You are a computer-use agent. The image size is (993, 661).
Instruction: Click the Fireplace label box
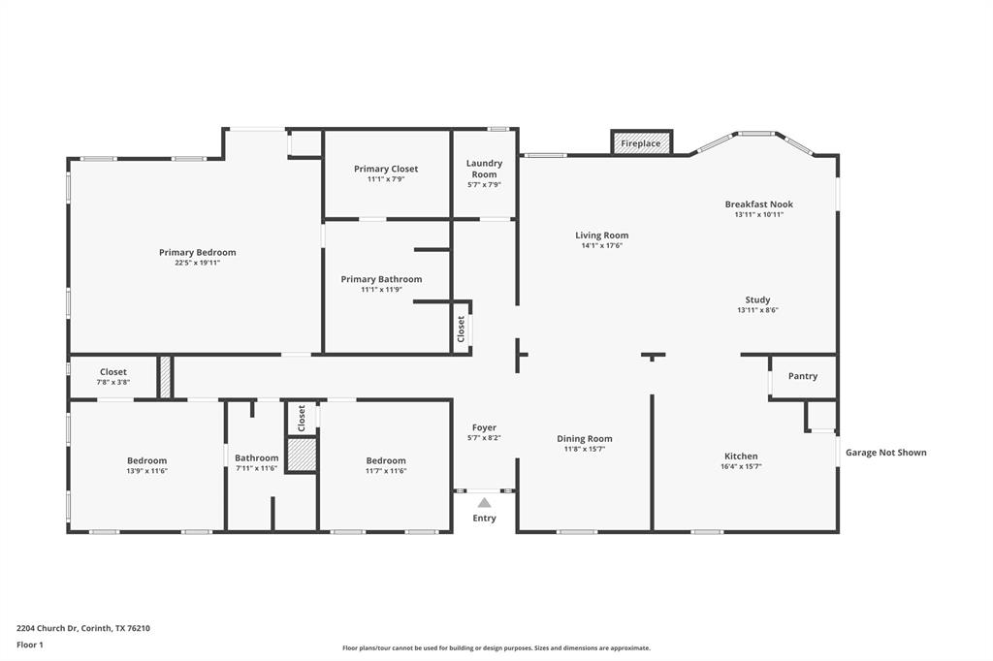click(641, 143)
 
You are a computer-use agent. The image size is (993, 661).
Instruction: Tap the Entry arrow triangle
click(484, 502)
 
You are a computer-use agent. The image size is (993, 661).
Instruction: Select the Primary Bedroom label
click(198, 252)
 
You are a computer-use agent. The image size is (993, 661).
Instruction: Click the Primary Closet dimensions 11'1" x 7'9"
click(386, 179)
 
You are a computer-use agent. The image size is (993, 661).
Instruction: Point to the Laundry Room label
click(484, 169)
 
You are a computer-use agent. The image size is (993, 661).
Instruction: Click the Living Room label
click(601, 236)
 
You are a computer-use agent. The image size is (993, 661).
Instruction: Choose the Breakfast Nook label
click(759, 205)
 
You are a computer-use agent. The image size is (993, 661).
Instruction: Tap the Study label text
click(757, 299)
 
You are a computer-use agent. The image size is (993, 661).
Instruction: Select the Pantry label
click(803, 376)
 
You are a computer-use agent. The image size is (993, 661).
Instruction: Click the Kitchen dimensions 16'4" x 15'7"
click(741, 466)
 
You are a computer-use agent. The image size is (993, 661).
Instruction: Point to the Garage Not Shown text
click(885, 453)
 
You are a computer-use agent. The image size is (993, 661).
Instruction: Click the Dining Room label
click(585, 438)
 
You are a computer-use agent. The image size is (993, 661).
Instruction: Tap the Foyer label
click(484, 427)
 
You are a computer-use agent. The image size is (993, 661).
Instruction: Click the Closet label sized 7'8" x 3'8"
click(113, 372)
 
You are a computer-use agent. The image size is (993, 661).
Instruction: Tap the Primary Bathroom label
click(381, 279)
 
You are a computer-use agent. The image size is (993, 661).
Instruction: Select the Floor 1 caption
click(30, 645)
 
